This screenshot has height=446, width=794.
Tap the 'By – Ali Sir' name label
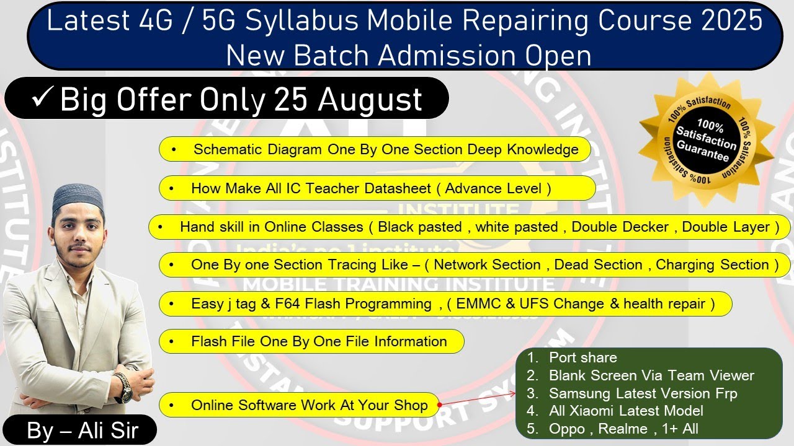(x=82, y=431)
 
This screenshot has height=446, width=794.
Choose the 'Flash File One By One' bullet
(x=318, y=341)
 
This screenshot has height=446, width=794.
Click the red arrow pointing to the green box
(x=478, y=398)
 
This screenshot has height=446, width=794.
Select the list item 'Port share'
(x=582, y=357)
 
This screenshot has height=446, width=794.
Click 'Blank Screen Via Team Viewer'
(x=651, y=375)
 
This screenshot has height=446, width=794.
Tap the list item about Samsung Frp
(x=643, y=393)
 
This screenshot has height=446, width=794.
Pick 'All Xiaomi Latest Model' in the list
(x=625, y=411)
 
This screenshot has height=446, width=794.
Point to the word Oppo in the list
(x=566, y=429)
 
